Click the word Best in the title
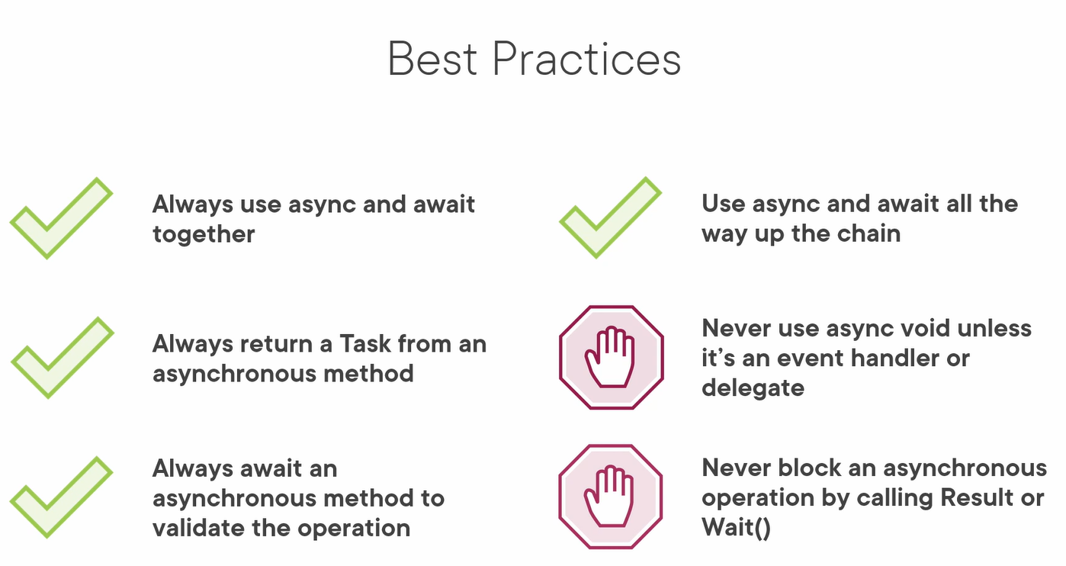(x=432, y=59)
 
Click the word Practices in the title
(x=587, y=59)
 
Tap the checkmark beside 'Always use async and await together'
(x=62, y=218)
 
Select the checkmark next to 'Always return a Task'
(x=63, y=358)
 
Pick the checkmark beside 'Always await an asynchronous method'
(x=62, y=497)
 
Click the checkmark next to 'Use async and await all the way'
(x=611, y=217)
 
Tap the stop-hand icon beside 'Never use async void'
(x=611, y=358)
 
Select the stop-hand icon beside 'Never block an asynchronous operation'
(x=611, y=497)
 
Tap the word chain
(x=869, y=233)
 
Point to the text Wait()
(x=736, y=528)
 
